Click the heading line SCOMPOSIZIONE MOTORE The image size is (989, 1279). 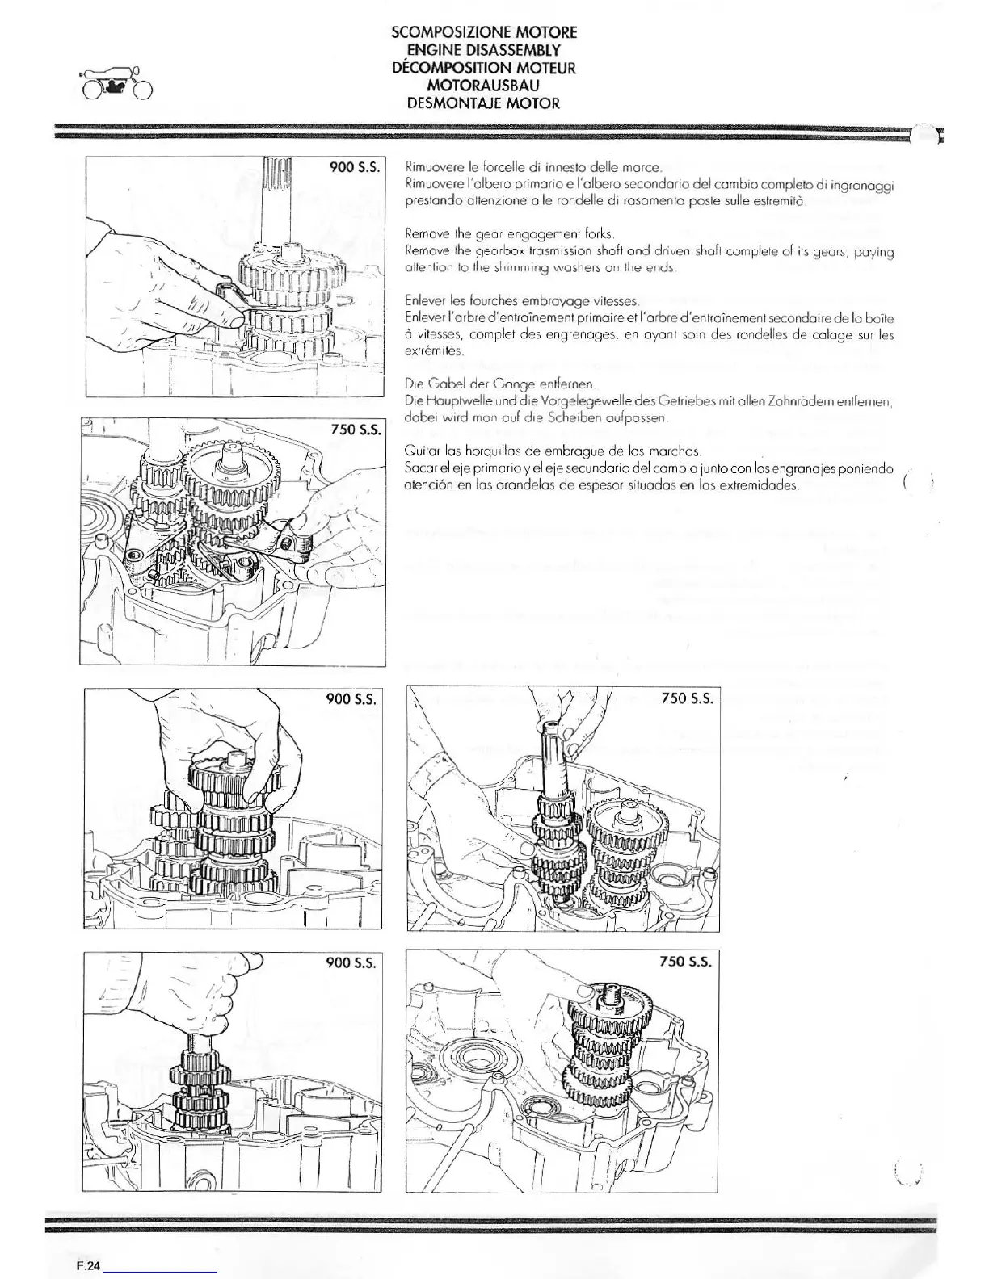pos(483,32)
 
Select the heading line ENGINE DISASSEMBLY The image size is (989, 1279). pos(483,50)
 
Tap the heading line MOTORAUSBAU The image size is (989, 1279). pos(483,86)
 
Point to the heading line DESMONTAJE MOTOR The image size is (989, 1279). pos(483,103)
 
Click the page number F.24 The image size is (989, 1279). pos(83,1267)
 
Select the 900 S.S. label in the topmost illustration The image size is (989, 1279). pos(355,168)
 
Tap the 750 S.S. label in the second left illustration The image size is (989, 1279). pos(355,430)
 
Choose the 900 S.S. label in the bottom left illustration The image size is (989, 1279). pos(351,962)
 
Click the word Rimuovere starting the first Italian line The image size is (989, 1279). pos(431,169)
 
